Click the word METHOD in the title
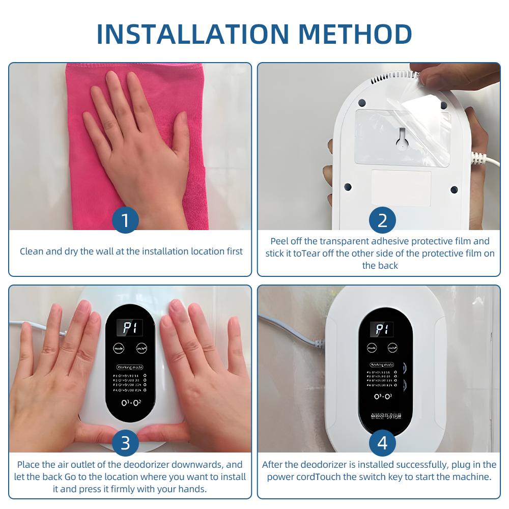[355, 34]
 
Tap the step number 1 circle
[125, 220]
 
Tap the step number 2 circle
[382, 220]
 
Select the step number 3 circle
[125, 443]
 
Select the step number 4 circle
[382, 443]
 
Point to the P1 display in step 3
[129, 328]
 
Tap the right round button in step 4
[392, 348]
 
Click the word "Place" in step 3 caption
[29, 465]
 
